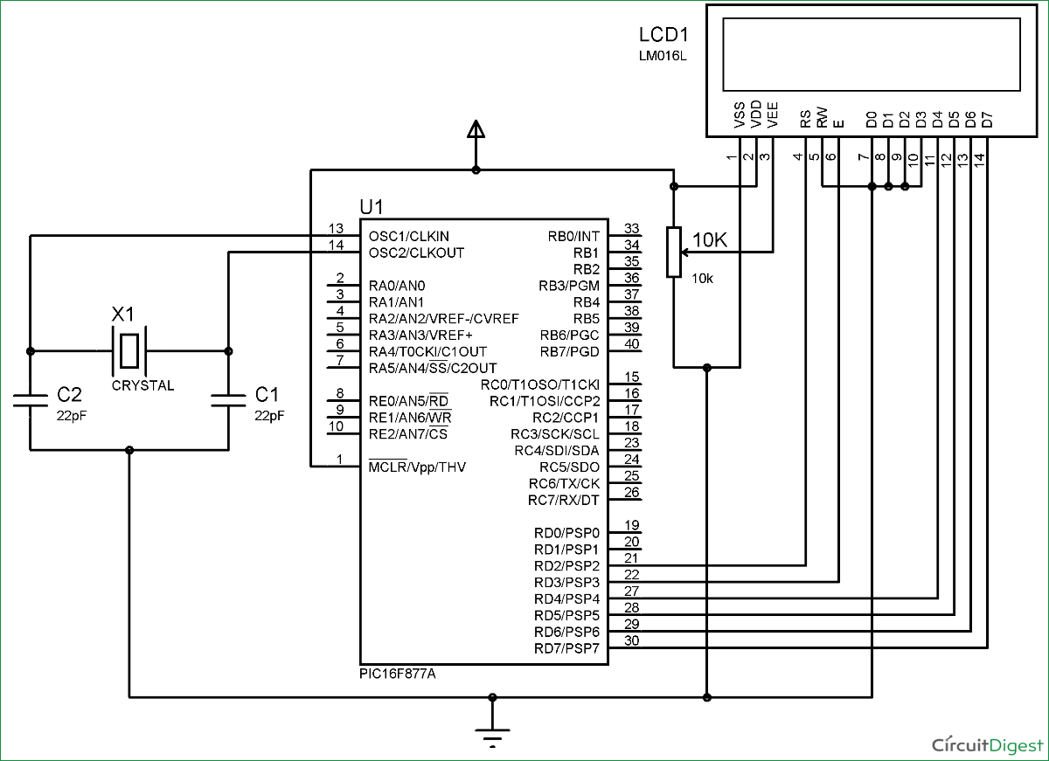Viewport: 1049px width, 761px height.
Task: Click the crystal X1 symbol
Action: [129, 350]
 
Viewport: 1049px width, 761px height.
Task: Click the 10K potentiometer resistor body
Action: [673, 253]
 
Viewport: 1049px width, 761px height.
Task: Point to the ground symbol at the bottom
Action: [493, 732]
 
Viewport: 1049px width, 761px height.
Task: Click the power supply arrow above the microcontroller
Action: [476, 131]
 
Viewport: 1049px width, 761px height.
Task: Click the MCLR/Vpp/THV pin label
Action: [417, 467]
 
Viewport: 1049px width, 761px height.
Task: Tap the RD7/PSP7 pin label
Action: [566, 648]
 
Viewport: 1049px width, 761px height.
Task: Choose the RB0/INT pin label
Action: [573, 236]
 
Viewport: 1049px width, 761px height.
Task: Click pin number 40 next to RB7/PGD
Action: [632, 344]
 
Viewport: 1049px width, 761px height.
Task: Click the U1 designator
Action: [372, 207]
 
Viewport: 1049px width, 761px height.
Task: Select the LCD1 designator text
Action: [664, 36]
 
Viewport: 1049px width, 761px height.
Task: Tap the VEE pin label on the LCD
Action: [772, 116]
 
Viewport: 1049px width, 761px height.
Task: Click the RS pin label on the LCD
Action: [805, 119]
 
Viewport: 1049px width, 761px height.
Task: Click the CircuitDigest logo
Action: [987, 744]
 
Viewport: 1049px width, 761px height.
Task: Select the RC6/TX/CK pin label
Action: [564, 484]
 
